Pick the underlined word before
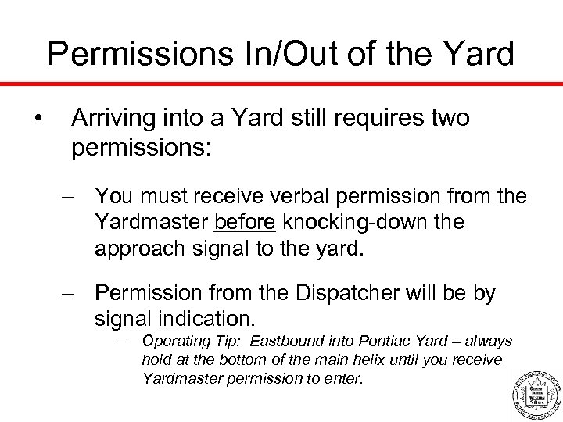[x=244, y=223]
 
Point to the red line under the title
[x=281, y=83]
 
